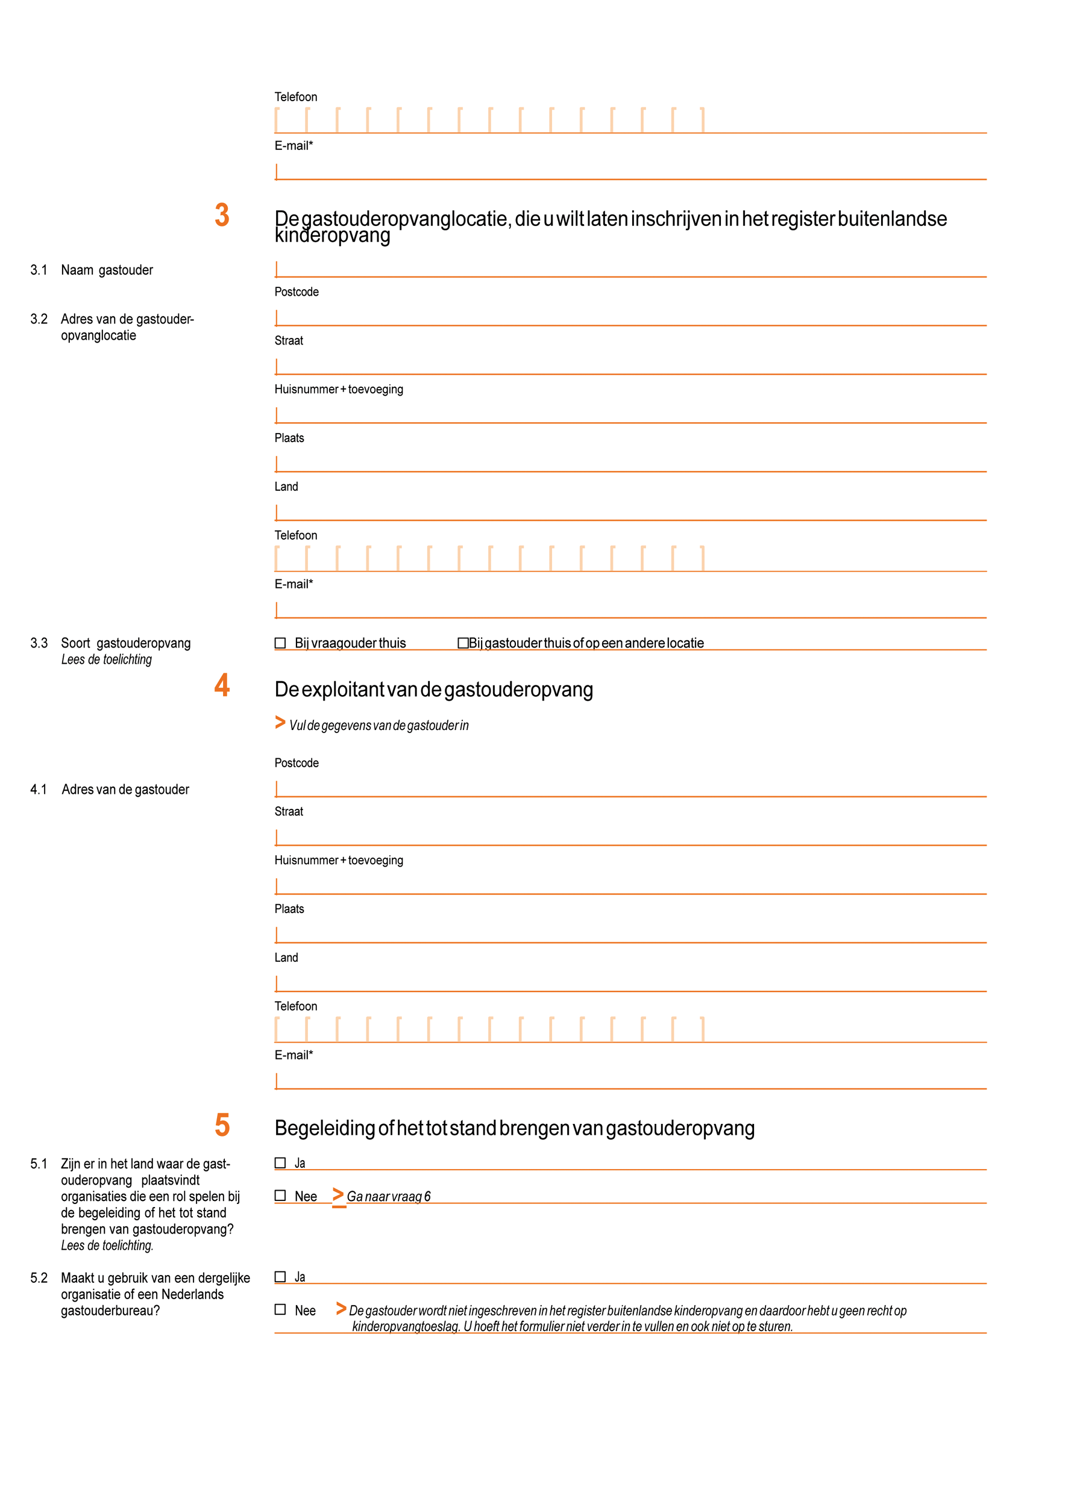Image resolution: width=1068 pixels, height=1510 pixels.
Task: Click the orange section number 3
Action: (222, 215)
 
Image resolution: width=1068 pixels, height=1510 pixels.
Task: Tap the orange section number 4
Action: (222, 685)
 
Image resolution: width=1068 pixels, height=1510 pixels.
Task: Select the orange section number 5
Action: (222, 1125)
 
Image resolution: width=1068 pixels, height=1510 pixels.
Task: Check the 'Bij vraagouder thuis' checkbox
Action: (280, 643)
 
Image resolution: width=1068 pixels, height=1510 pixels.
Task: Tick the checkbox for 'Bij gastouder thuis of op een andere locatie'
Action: (463, 643)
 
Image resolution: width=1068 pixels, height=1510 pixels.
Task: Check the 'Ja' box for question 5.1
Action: (280, 1162)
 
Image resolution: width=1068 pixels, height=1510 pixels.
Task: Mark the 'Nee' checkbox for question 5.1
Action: (280, 1196)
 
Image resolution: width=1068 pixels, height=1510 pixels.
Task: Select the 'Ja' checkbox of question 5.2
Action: (280, 1276)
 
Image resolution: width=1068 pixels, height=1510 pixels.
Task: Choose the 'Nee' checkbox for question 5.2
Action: (280, 1309)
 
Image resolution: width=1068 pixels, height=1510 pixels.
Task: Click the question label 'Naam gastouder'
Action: (107, 270)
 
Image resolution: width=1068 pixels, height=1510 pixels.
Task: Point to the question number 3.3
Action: (39, 643)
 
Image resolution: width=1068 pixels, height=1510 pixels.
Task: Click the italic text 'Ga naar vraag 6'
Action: (388, 1196)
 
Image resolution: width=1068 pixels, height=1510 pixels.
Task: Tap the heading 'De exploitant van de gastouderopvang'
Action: (433, 689)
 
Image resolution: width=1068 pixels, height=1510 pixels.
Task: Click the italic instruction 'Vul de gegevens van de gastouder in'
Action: (379, 725)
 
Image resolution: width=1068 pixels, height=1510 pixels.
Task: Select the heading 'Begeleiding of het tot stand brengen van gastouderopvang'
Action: (514, 1128)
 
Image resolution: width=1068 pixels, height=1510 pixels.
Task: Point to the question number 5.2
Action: (39, 1278)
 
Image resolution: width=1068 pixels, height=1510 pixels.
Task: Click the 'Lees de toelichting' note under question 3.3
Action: (107, 660)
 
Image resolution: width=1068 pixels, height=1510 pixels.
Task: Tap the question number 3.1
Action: (39, 270)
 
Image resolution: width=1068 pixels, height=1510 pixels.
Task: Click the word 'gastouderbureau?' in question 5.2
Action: (110, 1311)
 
